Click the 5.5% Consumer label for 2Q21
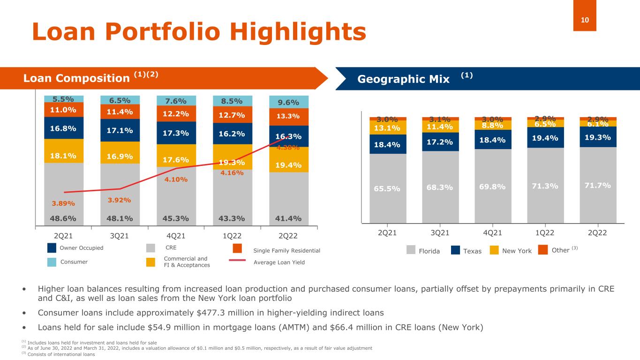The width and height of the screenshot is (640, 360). [x=64, y=99]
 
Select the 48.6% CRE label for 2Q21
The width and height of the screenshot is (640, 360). [x=64, y=218]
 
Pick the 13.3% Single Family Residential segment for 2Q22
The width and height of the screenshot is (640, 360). [x=289, y=116]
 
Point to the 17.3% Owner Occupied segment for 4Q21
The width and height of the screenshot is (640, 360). [x=176, y=133]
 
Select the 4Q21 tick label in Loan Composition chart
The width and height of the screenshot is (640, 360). [x=176, y=236]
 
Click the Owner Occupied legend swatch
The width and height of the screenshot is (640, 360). [x=53, y=248]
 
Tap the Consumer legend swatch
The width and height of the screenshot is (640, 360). [x=53, y=262]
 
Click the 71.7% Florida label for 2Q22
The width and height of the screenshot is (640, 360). [x=597, y=185]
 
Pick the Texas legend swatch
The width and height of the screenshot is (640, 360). [x=455, y=251]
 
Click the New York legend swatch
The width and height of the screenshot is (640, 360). [x=495, y=251]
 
